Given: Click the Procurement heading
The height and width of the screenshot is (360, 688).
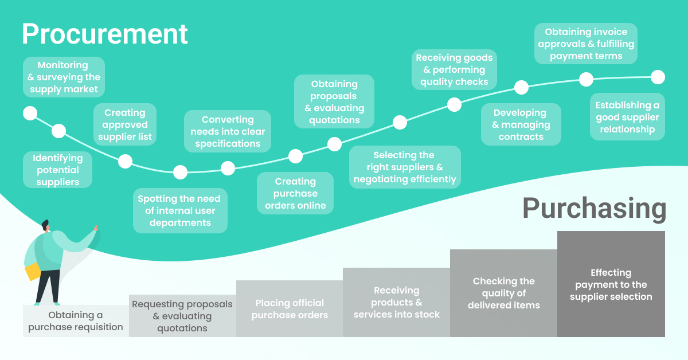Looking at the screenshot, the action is (104, 34).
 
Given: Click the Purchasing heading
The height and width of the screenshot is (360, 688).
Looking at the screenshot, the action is (594, 209).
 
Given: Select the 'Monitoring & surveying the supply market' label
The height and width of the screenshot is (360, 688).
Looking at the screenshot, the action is (64, 77).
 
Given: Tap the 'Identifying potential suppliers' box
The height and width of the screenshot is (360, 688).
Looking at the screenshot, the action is (58, 170).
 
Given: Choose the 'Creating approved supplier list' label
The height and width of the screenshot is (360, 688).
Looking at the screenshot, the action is (125, 124).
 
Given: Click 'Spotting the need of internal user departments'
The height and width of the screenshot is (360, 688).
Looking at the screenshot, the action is (180, 211).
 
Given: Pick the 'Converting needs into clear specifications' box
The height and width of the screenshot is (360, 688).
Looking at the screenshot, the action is (228, 131).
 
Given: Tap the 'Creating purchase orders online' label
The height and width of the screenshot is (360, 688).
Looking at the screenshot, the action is (295, 193).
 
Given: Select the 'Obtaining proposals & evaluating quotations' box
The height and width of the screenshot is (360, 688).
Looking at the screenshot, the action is (334, 101).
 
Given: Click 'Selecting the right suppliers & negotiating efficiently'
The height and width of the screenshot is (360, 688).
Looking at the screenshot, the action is (405, 167).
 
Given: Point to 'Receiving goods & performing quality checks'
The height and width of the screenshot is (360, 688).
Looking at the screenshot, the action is (454, 70).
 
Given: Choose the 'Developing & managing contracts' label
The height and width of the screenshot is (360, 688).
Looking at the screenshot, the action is (521, 124).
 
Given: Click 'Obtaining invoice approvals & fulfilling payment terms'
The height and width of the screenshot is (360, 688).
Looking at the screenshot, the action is (586, 44).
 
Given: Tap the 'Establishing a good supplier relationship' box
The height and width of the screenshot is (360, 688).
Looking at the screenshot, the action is (627, 117).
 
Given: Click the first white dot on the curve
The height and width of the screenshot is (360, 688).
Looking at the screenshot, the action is (30, 113).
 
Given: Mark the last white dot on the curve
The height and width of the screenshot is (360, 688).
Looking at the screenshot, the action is (658, 77).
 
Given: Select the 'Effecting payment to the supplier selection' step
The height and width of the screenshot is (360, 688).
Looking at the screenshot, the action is (611, 284).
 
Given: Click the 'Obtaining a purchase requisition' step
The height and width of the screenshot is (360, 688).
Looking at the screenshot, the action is (76, 321).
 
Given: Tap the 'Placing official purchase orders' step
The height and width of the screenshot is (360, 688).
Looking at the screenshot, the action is (290, 309).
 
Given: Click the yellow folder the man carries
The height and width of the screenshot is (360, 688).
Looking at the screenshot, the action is (33, 272).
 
